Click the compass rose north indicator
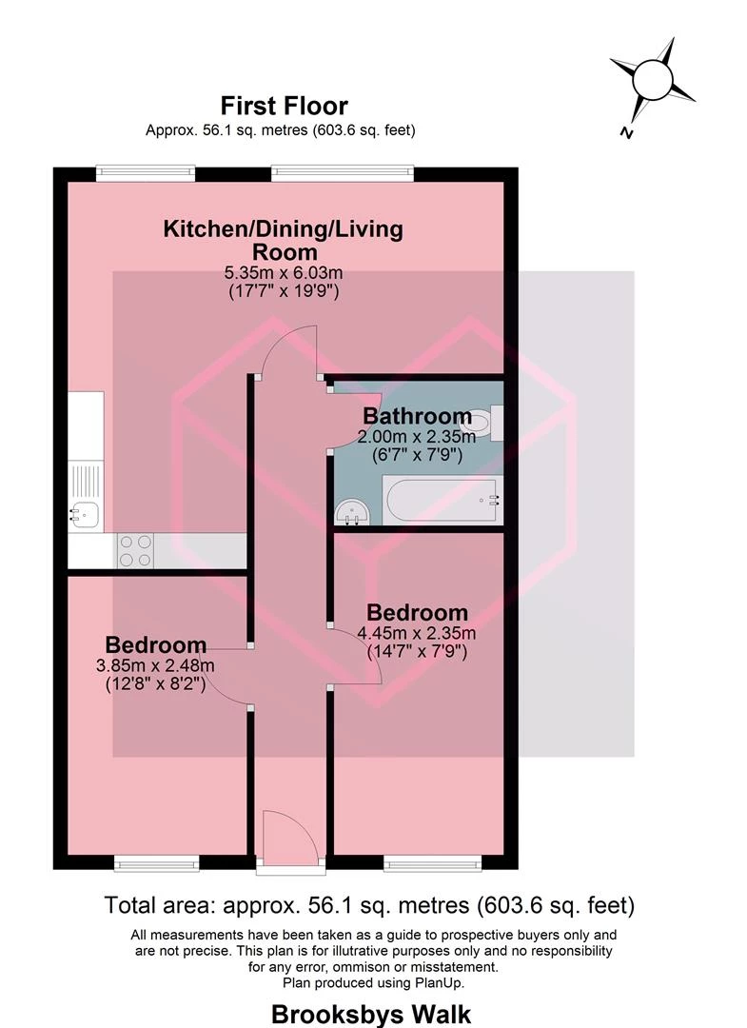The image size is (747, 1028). (653, 83)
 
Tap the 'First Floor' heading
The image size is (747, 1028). (284, 106)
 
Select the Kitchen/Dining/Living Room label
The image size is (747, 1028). (284, 240)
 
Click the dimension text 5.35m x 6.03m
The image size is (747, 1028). (284, 272)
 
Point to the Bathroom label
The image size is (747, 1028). (417, 416)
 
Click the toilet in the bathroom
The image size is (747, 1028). (485, 423)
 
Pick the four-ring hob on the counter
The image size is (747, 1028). (136, 551)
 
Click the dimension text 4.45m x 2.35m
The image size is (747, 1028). (417, 633)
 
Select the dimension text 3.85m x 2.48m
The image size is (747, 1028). (155, 666)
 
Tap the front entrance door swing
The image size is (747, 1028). (290, 833)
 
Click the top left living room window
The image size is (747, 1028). (146, 173)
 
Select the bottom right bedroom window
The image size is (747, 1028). (432, 863)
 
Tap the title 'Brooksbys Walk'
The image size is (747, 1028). (371, 1015)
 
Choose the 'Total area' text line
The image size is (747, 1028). (369, 905)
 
